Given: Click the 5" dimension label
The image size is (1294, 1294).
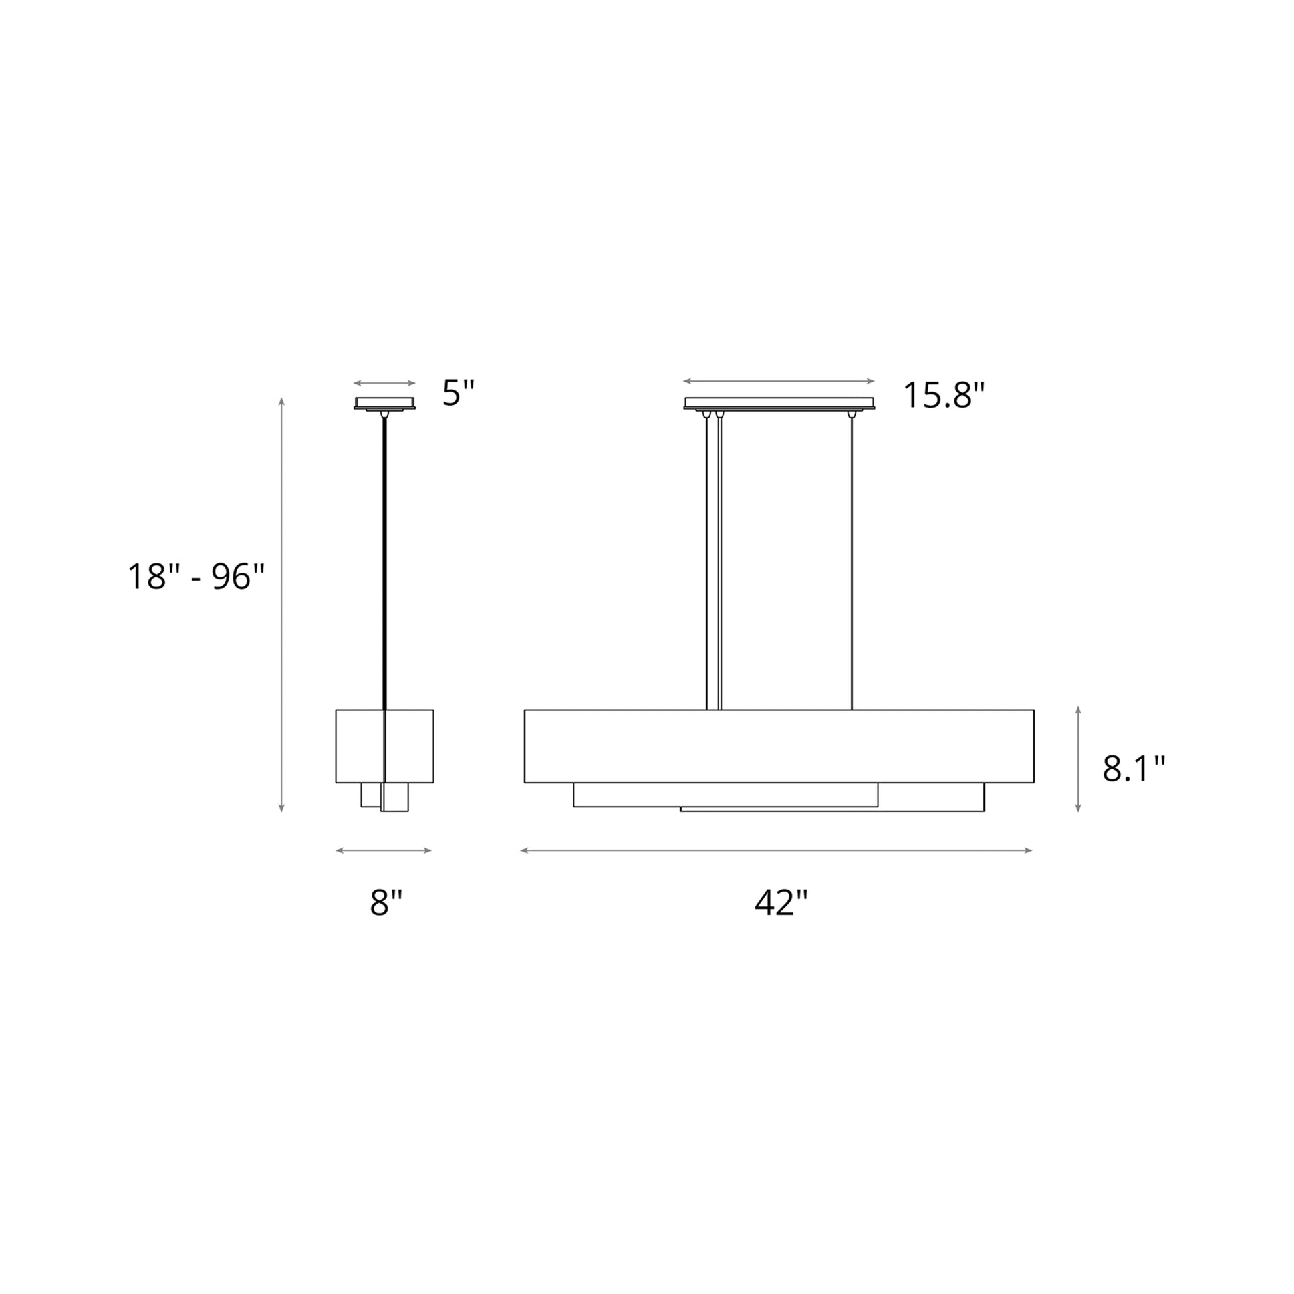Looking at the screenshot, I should coord(458,393).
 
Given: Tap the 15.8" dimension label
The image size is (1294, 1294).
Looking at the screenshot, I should coord(944,395).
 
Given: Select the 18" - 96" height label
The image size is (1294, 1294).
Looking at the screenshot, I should coord(196,577).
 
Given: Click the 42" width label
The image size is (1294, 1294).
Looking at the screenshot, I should coord(781,903).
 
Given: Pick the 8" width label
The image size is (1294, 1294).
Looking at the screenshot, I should coord(386,903).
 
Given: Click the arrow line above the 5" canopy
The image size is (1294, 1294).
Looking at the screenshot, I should coord(384,383).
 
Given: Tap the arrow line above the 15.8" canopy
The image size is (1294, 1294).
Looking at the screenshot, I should coord(778,381).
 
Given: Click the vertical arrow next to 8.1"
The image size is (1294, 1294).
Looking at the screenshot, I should coord(1078,759).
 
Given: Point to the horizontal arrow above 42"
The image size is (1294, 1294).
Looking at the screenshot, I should coord(776,850).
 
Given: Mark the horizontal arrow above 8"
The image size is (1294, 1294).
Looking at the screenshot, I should coord(384,850).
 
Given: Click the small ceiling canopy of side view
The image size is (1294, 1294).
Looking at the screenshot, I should coord(384,402).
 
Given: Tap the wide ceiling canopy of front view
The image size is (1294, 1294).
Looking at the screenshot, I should coord(779,402).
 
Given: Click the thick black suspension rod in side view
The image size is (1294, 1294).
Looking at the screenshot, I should coord(384,563).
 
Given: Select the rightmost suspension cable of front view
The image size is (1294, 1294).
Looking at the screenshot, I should coord(852,563).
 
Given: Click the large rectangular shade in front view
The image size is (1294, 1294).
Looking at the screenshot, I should coord(779,745).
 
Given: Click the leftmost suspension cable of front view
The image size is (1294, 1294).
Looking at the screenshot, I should coord(707,563).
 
